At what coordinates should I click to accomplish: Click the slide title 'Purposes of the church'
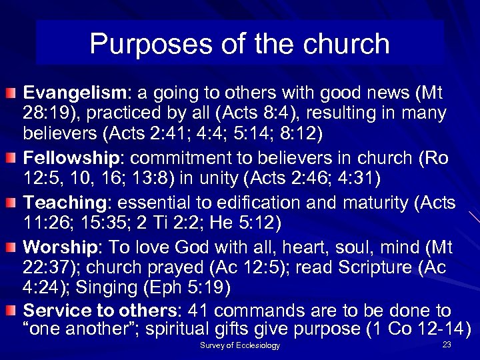point(239,44)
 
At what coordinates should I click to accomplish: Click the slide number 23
point(447,344)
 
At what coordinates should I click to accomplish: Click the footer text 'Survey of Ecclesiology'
point(240,345)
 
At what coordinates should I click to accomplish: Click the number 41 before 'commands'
point(199,311)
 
